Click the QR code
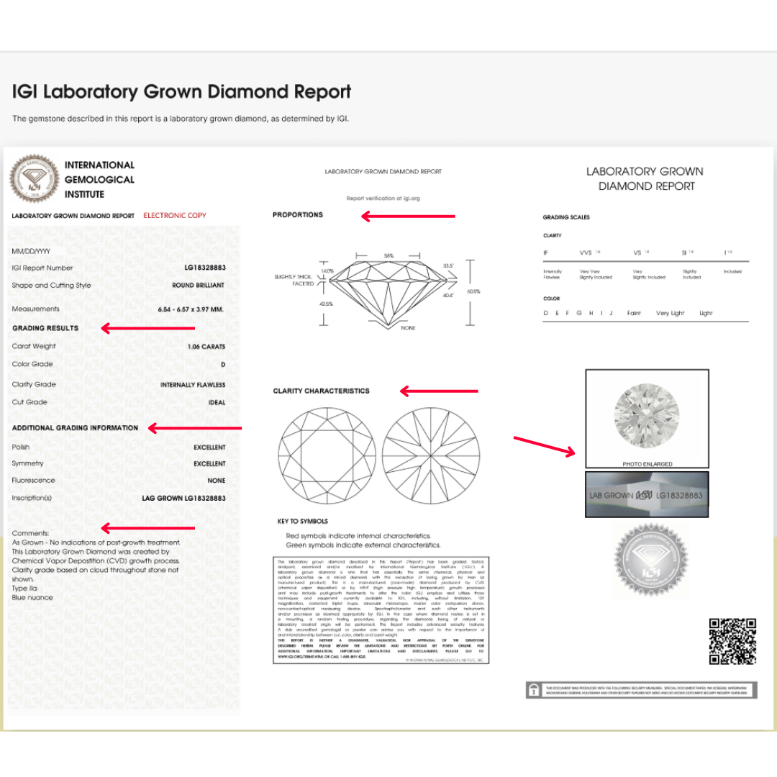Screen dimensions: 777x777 pos(732,640)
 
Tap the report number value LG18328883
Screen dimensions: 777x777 pos(205,268)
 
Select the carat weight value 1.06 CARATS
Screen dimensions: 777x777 pos(206,347)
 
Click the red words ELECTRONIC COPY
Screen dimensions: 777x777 pos(175,215)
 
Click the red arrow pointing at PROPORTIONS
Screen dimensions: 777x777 pos(408,216)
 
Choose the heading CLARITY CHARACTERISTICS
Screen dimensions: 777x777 pos(321,391)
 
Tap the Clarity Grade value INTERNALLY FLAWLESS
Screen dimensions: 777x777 pos(193,385)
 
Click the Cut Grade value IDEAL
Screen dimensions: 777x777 pos(217,403)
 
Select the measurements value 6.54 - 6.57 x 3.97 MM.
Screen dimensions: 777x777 pos(191,309)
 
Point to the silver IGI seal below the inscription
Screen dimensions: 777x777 pos(650,560)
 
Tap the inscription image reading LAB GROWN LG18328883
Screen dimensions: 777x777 pos(647,495)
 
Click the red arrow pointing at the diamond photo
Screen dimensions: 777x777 pos(545,445)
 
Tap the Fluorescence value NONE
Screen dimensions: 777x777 pos(216,481)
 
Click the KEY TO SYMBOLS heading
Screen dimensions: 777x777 pos(302,522)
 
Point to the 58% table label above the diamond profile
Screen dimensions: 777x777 pos(389,255)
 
